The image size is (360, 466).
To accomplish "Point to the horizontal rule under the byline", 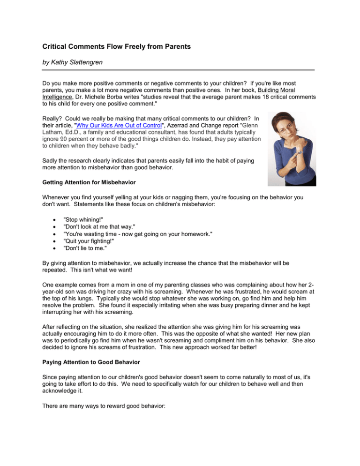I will click(x=180, y=70).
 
